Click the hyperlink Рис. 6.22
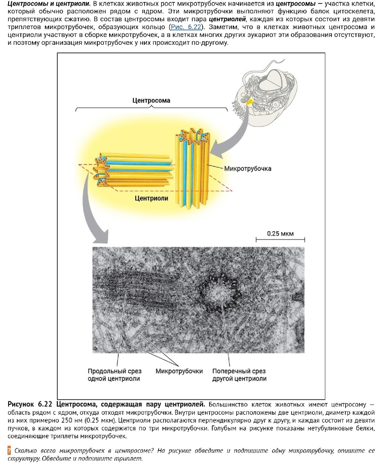pyautogui.click(x=186, y=27)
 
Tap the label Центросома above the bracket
pyautogui.click(x=151, y=100)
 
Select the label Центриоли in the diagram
pyautogui.click(x=151, y=198)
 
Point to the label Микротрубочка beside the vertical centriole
pyautogui.click(x=248, y=169)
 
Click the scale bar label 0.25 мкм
pyautogui.click(x=280, y=233)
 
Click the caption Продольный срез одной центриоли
pyautogui.click(x=114, y=375)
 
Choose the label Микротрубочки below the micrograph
pyautogui.click(x=179, y=371)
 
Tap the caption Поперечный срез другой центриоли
pyautogui.click(x=239, y=375)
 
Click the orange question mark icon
pyautogui.click(x=9, y=451)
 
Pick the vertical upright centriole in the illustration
pyautogui.click(x=193, y=167)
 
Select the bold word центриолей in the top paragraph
pyautogui.click(x=227, y=19)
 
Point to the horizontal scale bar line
pyautogui.click(x=280, y=239)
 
